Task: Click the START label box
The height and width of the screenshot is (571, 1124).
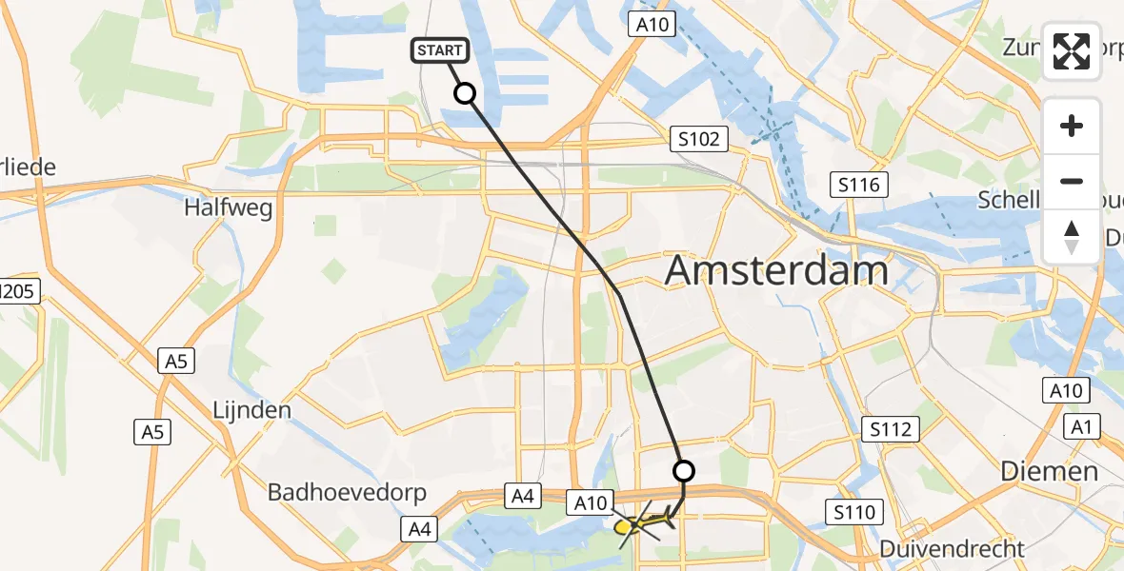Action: coord(439,50)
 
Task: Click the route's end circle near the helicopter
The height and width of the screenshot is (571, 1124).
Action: coord(684,470)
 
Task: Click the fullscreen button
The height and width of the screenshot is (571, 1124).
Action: coord(1072,51)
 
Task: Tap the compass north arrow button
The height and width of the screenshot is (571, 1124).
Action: coord(1072,237)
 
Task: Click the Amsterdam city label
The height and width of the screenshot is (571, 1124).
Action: coord(776,271)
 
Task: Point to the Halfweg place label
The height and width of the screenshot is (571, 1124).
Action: coord(230,207)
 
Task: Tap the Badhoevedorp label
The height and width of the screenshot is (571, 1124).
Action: coord(347,493)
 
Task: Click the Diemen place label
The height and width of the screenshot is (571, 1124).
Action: coord(1049,471)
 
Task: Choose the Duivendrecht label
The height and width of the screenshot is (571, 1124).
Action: coord(952,549)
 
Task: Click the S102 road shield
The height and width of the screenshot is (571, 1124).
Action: coord(697,140)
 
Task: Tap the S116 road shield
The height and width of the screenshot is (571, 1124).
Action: coord(858,185)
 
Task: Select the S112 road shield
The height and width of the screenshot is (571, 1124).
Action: coord(889,429)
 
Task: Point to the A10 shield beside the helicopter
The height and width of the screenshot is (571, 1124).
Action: coord(590,502)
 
